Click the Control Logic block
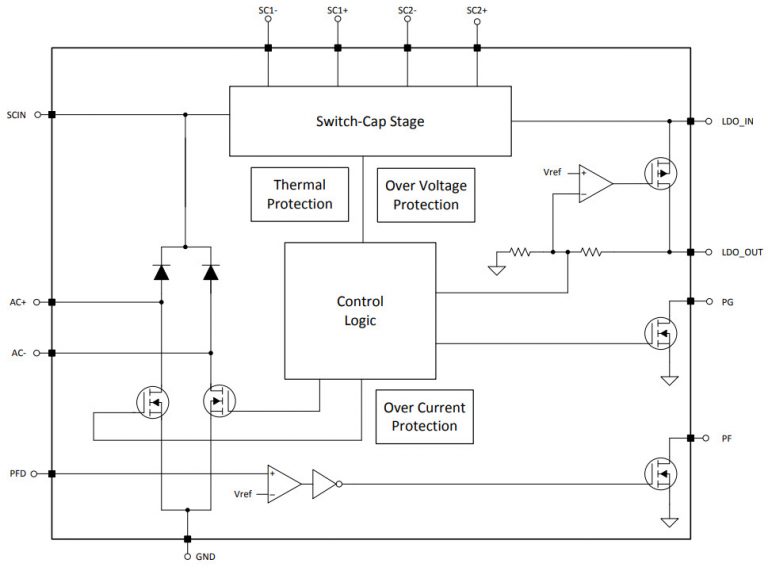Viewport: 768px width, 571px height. (360, 310)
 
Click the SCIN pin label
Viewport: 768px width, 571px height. (18, 115)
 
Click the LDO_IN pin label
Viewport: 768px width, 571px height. (736, 122)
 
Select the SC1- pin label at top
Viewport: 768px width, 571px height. (267, 11)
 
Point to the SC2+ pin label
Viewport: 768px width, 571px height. (477, 11)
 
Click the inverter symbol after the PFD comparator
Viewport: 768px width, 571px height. (326, 485)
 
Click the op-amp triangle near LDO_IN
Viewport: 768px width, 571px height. (597, 184)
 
